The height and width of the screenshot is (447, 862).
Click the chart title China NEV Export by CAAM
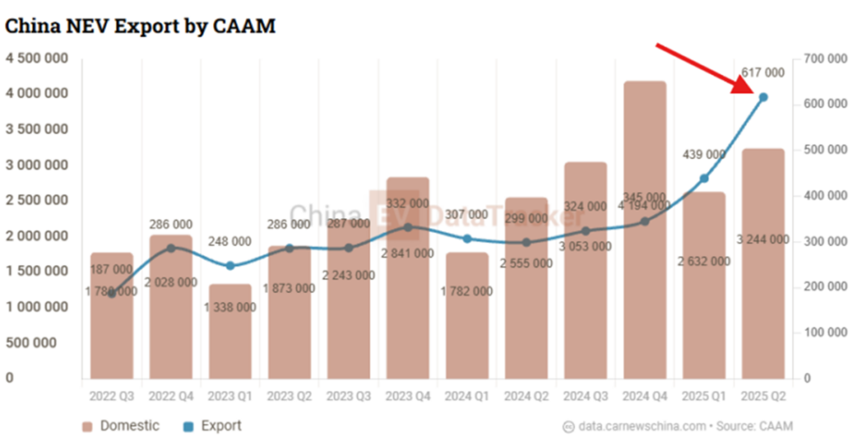[141, 26]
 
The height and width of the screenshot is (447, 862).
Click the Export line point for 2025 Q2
[764, 98]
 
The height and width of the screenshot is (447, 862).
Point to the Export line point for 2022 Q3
[112, 293]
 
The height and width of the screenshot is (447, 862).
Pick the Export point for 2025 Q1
[704, 178]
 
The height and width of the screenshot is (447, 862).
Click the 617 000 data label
[763, 73]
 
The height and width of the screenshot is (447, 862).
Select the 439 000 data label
[704, 154]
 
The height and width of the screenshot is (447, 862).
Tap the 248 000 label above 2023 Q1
[230, 241]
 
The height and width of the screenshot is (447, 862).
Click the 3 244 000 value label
[763, 239]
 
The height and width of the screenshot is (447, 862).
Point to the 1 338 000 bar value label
[230, 307]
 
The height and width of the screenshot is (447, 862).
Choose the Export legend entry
[211, 426]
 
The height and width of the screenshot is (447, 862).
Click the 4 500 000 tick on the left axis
[38, 59]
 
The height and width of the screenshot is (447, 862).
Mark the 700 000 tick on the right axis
[825, 59]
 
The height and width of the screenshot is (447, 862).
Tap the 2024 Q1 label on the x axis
[466, 395]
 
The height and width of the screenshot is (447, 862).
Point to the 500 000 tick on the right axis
[825, 150]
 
